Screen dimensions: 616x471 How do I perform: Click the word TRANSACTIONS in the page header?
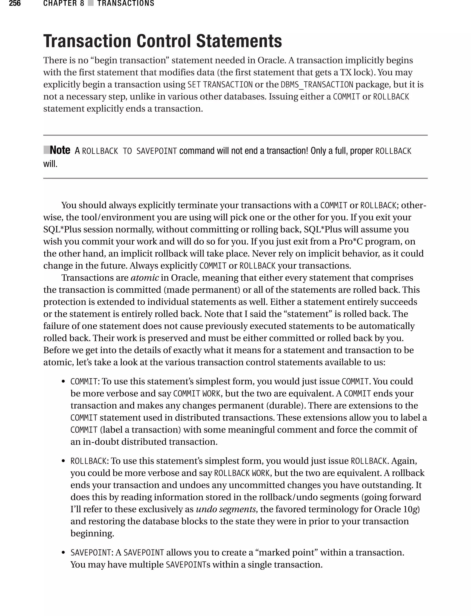coord(126,3)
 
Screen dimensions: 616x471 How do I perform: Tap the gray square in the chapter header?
coord(90,3)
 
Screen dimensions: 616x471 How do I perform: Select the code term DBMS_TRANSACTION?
coord(317,84)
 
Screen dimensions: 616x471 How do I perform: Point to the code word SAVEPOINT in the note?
coord(156,151)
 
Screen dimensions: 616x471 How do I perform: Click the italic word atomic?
coord(145,278)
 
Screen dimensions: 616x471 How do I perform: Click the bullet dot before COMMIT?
coord(64,382)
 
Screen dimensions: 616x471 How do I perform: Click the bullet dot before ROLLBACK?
coord(64,461)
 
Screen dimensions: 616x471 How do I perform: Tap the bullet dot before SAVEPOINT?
coord(64,553)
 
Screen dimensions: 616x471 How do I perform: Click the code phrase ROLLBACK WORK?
coord(242,473)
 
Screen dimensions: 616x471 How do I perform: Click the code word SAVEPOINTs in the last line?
coord(188,564)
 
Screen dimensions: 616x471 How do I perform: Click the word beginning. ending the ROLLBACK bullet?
coord(92,533)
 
